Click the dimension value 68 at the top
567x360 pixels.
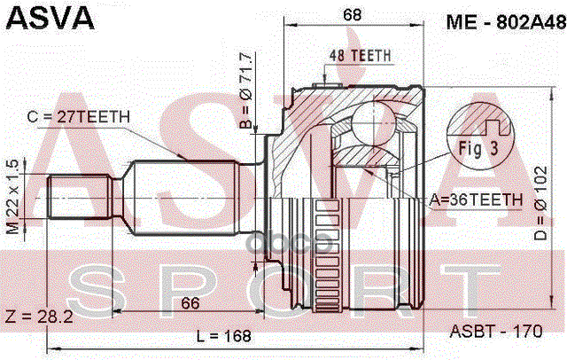[354, 15]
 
